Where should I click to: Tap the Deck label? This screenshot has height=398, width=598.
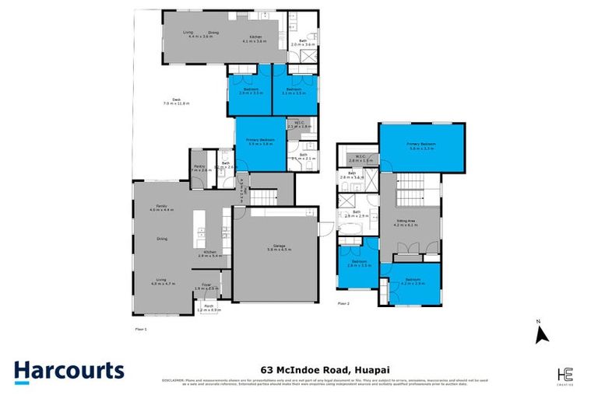click(x=177, y=98)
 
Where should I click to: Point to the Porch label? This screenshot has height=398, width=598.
click(x=209, y=306)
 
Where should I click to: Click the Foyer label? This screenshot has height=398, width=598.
click(x=208, y=285)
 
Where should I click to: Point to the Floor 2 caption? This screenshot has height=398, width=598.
click(x=342, y=303)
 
